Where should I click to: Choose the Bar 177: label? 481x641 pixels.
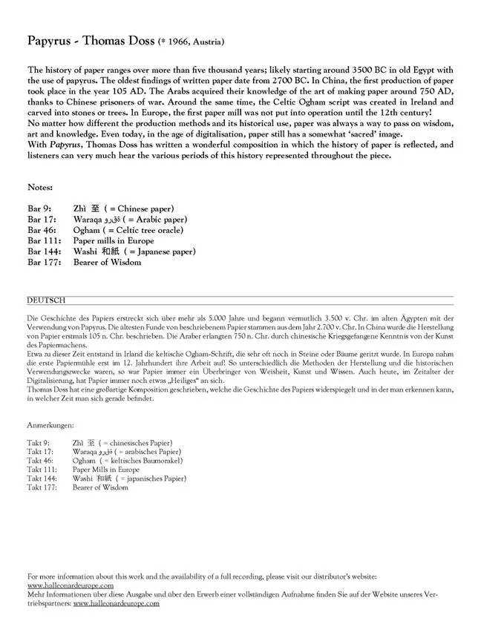point(43,262)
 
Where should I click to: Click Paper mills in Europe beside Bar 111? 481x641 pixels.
point(114,241)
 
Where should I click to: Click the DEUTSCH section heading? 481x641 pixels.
point(45,300)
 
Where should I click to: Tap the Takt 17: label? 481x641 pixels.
point(40,452)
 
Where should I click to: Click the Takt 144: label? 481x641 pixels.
point(42,479)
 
